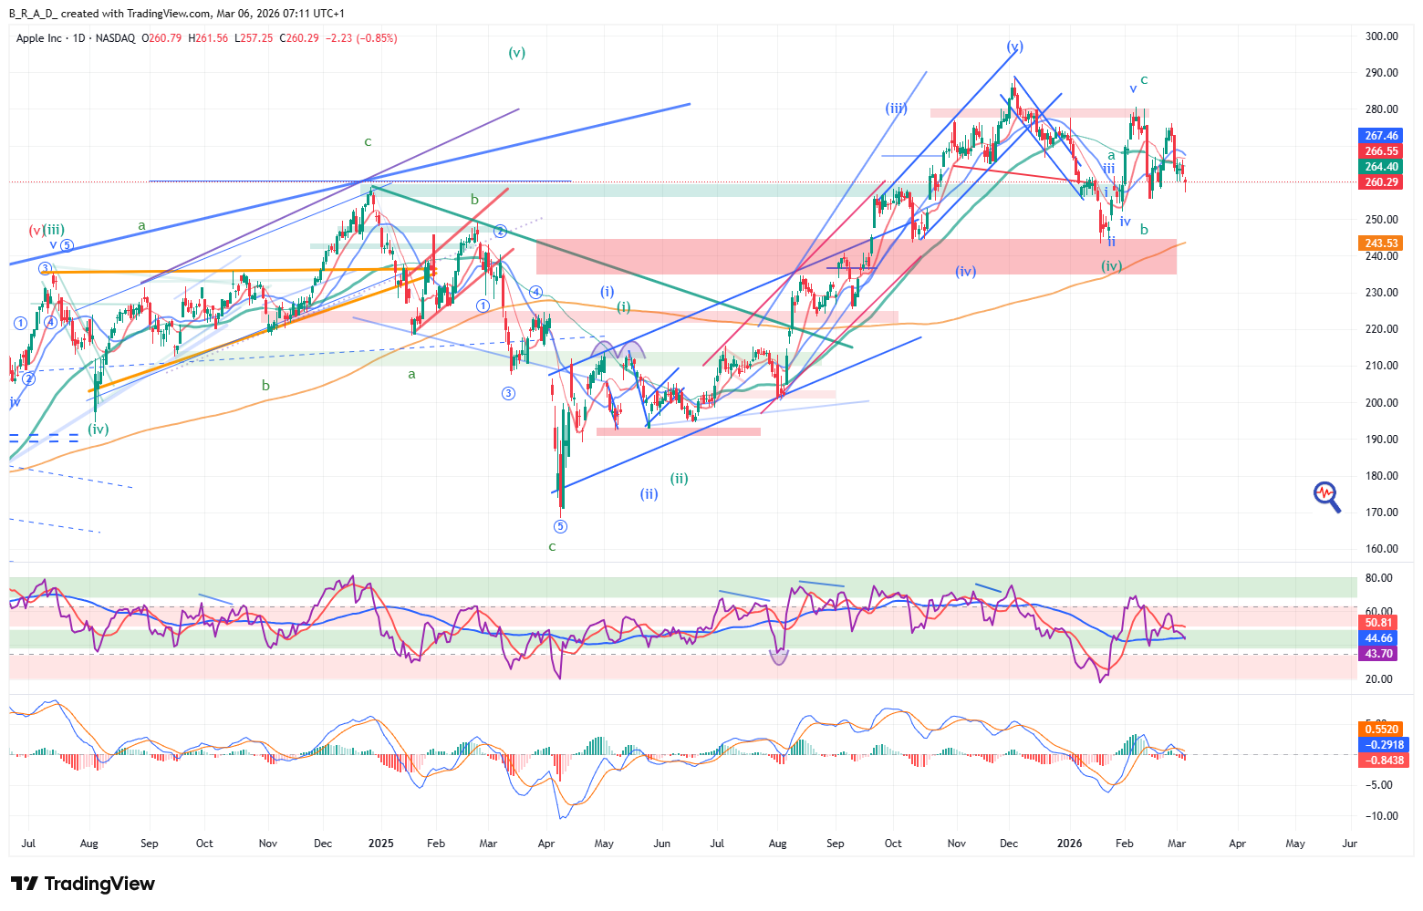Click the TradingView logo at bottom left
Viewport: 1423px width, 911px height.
83,884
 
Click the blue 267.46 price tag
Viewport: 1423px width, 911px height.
1381,136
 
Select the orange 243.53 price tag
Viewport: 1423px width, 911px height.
1381,243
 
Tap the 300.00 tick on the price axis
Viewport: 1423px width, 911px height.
1382,36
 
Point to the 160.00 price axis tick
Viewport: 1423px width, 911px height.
1382,549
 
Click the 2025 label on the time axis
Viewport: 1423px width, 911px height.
381,844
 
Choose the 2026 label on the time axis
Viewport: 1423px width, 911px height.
1069,844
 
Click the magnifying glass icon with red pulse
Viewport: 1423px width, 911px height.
1327,496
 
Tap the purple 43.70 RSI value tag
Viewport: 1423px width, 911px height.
1378,654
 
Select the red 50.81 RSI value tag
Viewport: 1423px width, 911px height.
1378,623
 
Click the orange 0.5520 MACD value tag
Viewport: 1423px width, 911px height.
1381,730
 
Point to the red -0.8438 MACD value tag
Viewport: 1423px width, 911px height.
1381,761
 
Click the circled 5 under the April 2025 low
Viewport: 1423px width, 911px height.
560,526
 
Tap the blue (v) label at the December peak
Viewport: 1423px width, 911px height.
1014,47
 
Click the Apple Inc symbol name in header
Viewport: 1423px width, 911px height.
39,38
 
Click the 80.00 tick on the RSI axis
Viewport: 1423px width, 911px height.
1379,578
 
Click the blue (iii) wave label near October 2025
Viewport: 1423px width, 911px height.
896,109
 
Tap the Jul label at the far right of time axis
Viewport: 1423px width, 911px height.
1349,844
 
